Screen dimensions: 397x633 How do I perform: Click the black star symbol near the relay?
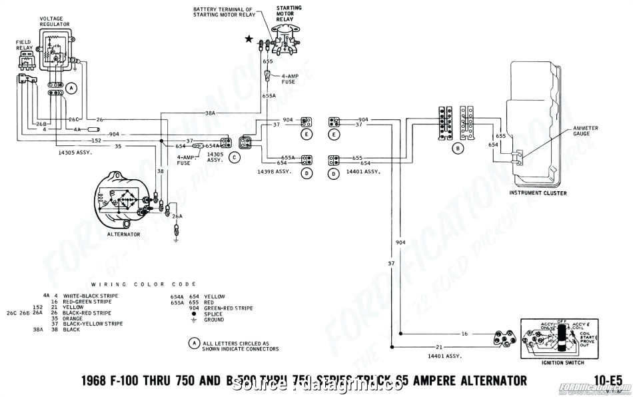click(x=249, y=39)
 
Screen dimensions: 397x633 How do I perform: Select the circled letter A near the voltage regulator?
click(x=72, y=87)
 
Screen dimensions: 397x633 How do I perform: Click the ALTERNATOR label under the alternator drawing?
click(x=124, y=234)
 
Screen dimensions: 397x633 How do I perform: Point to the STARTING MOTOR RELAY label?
click(x=289, y=14)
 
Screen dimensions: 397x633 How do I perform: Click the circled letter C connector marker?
click(x=234, y=158)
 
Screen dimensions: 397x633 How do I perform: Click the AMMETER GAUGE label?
click(x=586, y=131)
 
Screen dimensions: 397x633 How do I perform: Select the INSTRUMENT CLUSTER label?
click(x=538, y=193)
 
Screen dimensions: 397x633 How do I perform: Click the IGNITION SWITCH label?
click(x=564, y=362)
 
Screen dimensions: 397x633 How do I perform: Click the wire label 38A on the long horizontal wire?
click(x=210, y=113)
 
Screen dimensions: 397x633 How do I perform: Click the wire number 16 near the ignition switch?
click(x=464, y=332)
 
